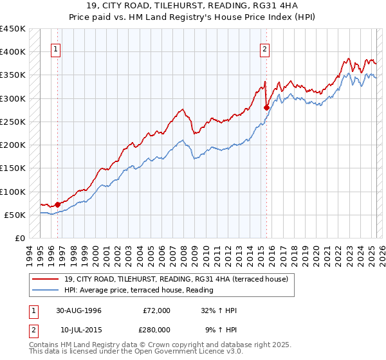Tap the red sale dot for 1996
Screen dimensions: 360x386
(x=58, y=204)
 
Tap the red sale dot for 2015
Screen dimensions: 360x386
(x=266, y=108)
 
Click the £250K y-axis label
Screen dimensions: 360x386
(x=13, y=122)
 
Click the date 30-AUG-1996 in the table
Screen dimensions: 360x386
(x=79, y=310)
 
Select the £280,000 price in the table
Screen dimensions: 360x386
(x=156, y=329)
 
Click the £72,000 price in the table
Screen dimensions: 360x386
(x=156, y=310)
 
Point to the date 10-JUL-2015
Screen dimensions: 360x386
(x=79, y=329)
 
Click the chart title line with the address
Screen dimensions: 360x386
(x=192, y=6)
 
